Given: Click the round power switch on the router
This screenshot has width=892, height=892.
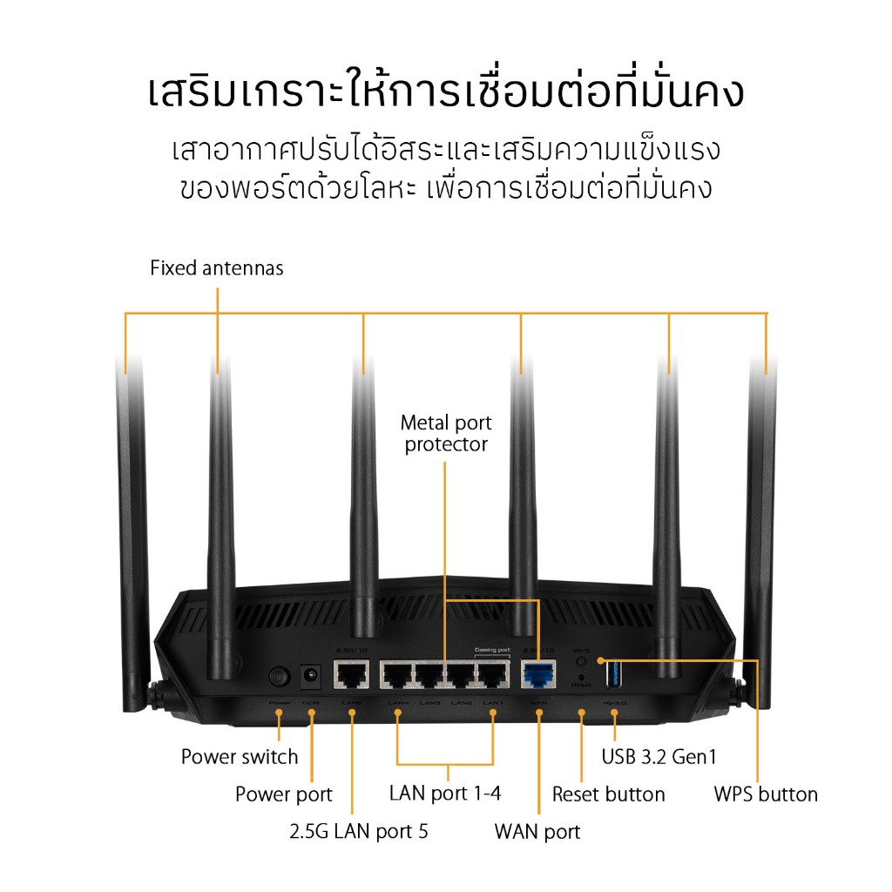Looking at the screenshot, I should pyautogui.click(x=279, y=676).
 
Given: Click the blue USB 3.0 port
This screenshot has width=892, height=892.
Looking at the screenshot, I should pyautogui.click(x=613, y=675).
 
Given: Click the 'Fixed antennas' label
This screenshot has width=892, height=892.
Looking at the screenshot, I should pyautogui.click(x=217, y=268).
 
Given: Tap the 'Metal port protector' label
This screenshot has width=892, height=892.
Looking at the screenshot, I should pyautogui.click(x=446, y=434).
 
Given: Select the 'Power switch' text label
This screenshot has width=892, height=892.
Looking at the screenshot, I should pyautogui.click(x=240, y=757).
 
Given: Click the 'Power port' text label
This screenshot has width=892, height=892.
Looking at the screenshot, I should pyautogui.click(x=284, y=794).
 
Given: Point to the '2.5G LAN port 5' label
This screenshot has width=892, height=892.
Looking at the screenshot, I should pyautogui.click(x=359, y=831).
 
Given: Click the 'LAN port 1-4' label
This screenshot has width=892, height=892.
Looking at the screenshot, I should pyautogui.click(x=445, y=794).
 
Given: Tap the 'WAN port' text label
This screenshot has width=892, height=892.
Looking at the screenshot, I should pyautogui.click(x=537, y=831).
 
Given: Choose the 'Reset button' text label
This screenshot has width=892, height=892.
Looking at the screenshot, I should pyautogui.click(x=609, y=794).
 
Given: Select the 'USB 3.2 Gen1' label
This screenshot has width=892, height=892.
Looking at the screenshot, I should pyautogui.click(x=659, y=757).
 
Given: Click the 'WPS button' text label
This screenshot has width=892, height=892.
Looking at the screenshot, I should pyautogui.click(x=766, y=794).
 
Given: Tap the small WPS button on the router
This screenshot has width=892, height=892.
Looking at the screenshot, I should pyautogui.click(x=582, y=661).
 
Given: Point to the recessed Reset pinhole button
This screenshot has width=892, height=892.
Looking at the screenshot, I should pyautogui.click(x=582, y=677).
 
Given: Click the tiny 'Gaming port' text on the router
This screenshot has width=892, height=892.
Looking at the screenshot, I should pyautogui.click(x=492, y=650).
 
